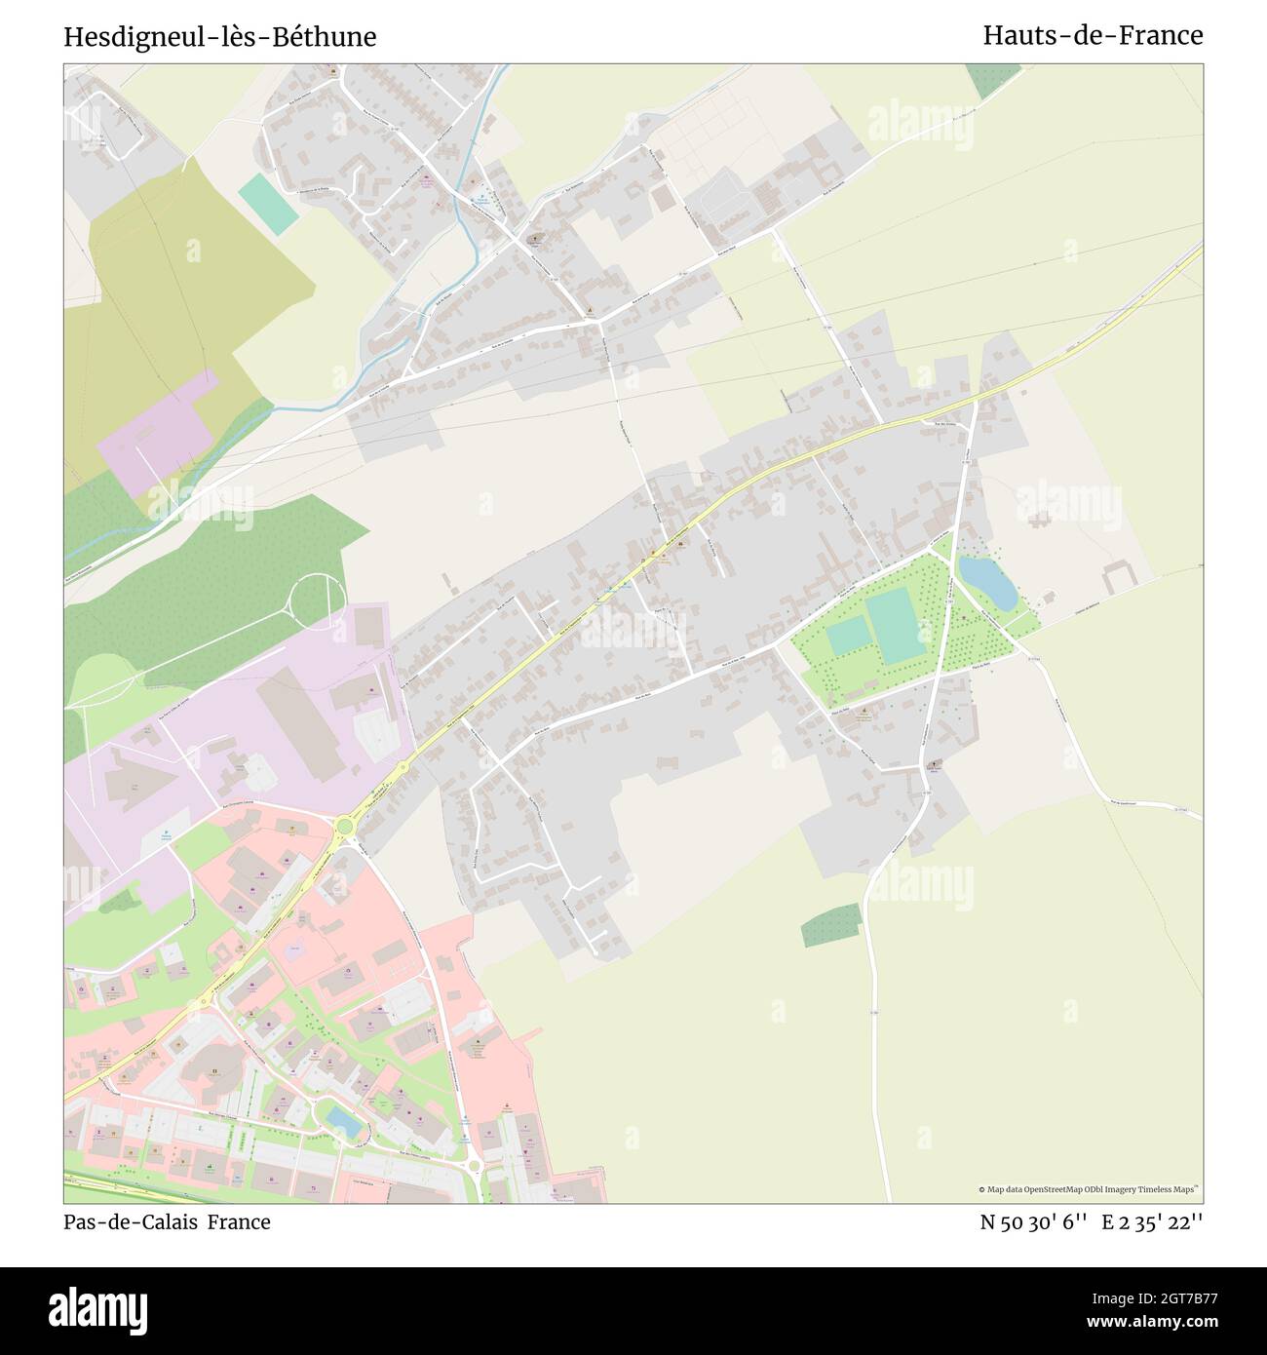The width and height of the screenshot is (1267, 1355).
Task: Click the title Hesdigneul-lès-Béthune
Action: [220, 37]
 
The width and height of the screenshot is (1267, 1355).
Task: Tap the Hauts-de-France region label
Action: [1093, 35]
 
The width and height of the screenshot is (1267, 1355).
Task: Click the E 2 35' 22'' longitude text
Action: [1153, 1221]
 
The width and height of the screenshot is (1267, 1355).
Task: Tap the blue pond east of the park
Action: [987, 582]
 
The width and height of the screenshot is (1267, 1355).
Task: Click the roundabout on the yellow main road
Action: [344, 828]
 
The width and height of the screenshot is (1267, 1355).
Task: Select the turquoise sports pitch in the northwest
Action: [268, 203]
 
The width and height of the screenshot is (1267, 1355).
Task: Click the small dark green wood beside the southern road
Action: [831, 924]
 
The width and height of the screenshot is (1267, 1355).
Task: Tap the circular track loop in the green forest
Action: [318, 601]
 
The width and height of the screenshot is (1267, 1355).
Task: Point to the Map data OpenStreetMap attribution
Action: [1089, 1189]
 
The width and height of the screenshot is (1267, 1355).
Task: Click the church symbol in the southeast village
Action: [935, 764]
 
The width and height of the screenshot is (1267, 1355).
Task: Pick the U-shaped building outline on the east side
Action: [1121, 577]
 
